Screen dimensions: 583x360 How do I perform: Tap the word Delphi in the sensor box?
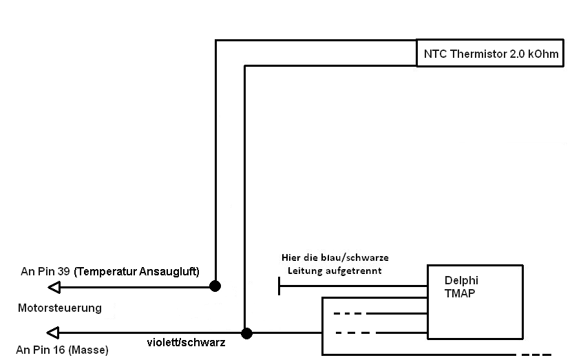pyautogui.click(x=461, y=280)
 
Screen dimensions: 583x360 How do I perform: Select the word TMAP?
pyautogui.click(x=460, y=293)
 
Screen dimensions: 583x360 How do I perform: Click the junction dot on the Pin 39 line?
pyautogui.click(x=215, y=286)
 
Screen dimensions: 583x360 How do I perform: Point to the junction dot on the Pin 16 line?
pyautogui.click(x=246, y=333)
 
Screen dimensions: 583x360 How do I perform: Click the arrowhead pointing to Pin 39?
pyautogui.click(x=54, y=288)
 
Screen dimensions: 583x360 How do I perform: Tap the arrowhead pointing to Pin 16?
pyautogui.click(x=53, y=333)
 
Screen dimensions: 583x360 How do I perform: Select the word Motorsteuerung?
pyautogui.click(x=59, y=308)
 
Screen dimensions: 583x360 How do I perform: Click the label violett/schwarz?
pyautogui.click(x=186, y=343)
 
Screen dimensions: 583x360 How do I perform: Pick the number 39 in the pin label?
pyautogui.click(x=63, y=271)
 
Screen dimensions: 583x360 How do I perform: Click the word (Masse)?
pyautogui.click(x=89, y=350)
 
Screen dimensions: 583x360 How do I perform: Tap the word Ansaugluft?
pyautogui.click(x=169, y=272)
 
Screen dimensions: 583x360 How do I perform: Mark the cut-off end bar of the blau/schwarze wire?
pyautogui.click(x=279, y=286)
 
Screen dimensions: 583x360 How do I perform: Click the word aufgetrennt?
pyautogui.click(x=354, y=271)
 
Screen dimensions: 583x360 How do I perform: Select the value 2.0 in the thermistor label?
pyautogui.click(x=517, y=54)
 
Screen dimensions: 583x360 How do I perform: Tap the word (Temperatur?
pyautogui.click(x=105, y=272)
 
